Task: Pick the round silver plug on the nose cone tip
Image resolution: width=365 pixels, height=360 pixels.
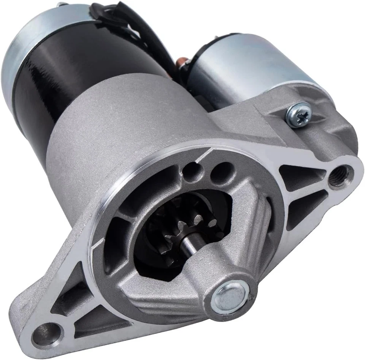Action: pos(228,298)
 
